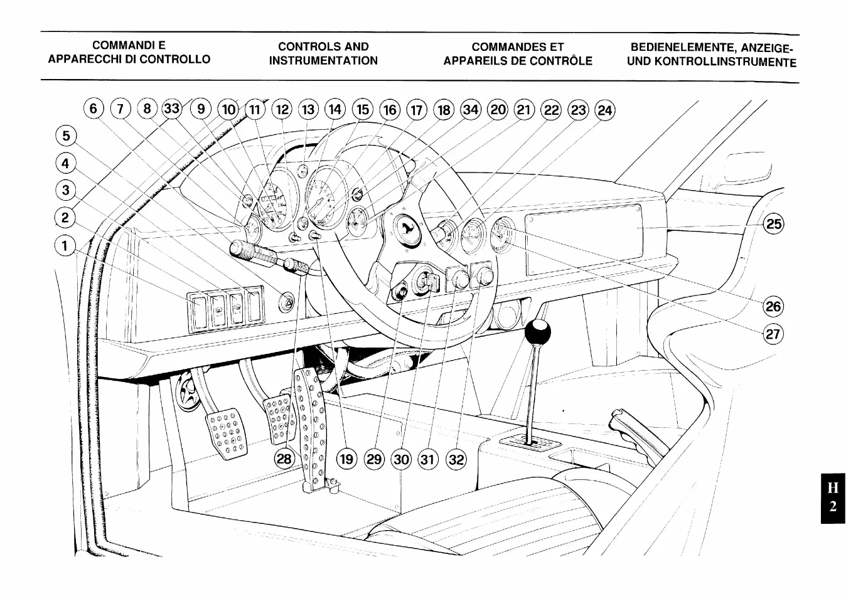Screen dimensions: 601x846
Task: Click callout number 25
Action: point(774,224)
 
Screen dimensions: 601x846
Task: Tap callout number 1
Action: point(65,245)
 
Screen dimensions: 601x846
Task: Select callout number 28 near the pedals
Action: point(284,459)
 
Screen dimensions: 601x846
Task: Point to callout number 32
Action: point(456,460)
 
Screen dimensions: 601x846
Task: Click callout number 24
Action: point(605,111)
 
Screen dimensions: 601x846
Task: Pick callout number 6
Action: point(93,109)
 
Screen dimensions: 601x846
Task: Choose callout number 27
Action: point(773,334)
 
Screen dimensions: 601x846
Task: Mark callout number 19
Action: point(346,459)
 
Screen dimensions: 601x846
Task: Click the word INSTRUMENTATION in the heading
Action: point(323,61)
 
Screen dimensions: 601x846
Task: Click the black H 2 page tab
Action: point(832,497)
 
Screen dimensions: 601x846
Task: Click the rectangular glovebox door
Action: point(583,240)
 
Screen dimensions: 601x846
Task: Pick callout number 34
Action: point(470,110)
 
